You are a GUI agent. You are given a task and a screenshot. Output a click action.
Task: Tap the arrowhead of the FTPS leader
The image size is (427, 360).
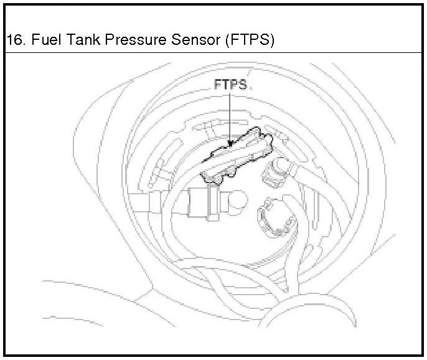(230, 144)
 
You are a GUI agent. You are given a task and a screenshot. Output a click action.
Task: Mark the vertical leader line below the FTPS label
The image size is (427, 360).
(230, 118)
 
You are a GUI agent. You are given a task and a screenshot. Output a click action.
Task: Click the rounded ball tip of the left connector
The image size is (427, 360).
(238, 203)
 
